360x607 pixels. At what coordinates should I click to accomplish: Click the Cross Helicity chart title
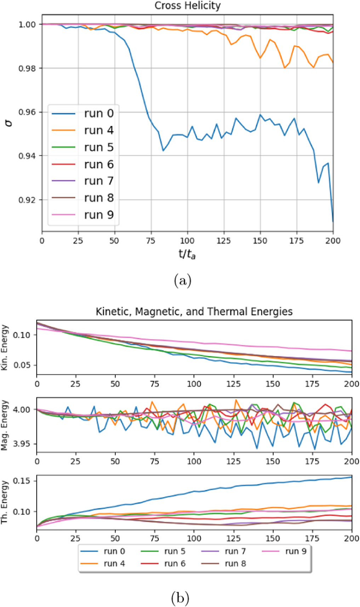tap(187, 6)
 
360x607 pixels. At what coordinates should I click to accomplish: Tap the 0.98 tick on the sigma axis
tap(27, 68)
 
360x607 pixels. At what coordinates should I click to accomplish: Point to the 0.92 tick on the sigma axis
tap(27, 200)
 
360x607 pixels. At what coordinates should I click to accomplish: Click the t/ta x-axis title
tap(187, 254)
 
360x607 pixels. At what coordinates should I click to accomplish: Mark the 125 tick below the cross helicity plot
tap(224, 241)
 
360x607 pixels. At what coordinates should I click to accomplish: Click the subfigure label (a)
tap(183, 281)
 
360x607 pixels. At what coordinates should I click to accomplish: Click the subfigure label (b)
tap(180, 598)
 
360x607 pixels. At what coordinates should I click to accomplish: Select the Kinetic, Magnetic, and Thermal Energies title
tap(194, 312)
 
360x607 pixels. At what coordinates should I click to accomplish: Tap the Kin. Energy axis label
tap(5, 348)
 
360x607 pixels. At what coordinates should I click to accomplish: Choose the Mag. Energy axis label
tap(5, 425)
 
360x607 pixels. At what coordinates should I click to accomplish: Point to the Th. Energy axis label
tap(5, 502)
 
